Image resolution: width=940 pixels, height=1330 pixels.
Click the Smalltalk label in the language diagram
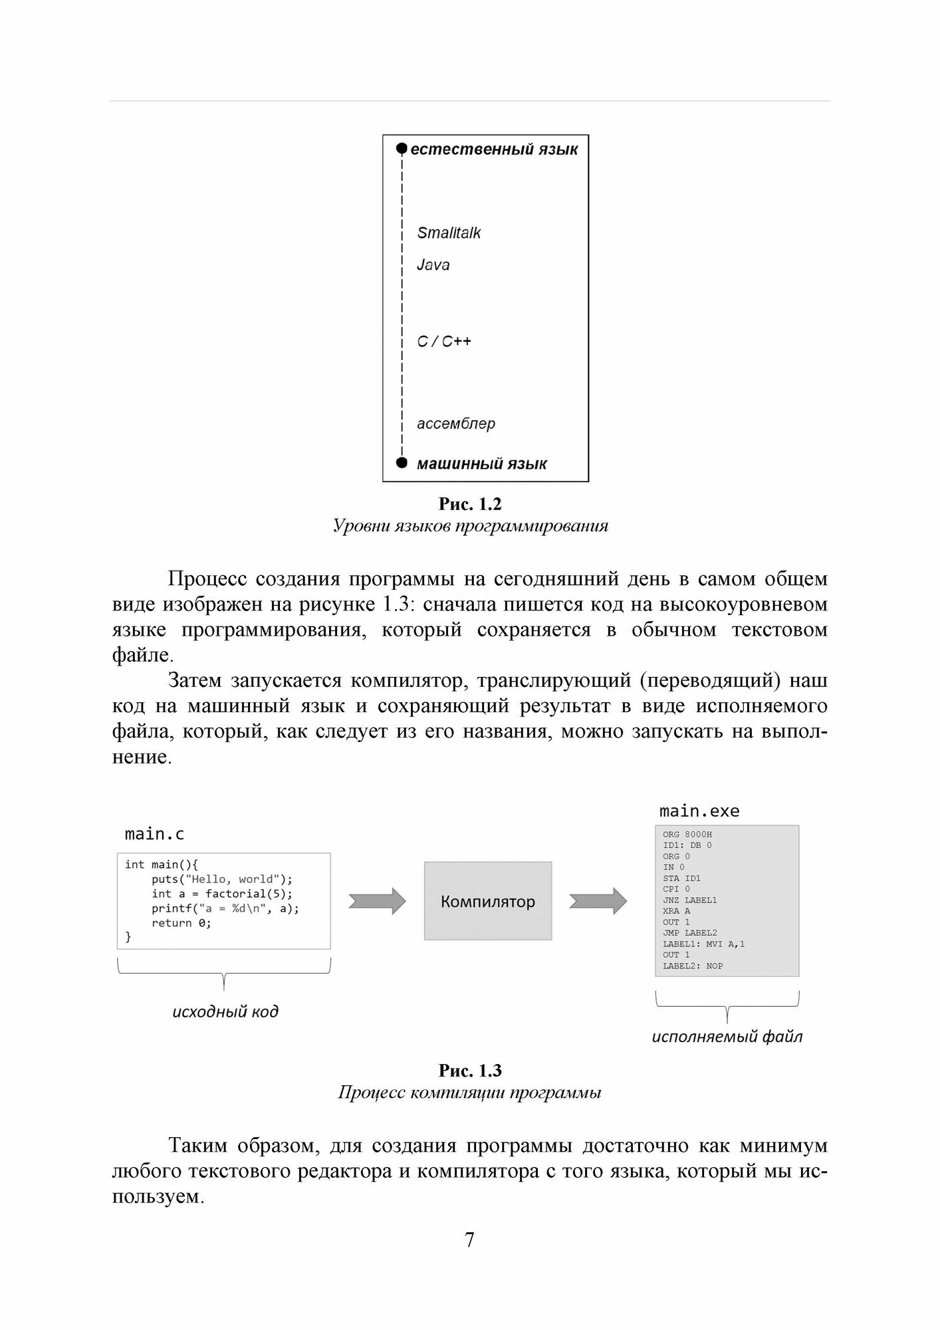449,233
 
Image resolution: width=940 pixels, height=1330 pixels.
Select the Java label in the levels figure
433,265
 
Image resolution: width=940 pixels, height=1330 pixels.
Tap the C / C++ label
444,341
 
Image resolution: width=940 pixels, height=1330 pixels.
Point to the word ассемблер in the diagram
456,424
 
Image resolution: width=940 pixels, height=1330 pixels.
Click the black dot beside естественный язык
401,148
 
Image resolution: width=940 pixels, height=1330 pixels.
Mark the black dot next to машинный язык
401,463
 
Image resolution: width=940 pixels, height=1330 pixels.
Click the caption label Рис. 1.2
470,504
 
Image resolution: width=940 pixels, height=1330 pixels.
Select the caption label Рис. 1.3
470,1071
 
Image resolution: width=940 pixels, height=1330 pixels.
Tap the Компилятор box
488,901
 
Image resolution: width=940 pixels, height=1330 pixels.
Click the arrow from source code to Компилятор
377,901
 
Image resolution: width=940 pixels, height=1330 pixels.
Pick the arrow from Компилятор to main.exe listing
598,901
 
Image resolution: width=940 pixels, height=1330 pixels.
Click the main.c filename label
154,834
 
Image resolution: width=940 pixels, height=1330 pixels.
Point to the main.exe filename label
699,811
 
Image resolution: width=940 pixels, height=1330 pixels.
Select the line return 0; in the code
181,923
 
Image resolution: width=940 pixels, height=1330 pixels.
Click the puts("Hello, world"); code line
222,879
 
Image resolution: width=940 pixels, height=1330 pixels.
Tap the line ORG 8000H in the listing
687,835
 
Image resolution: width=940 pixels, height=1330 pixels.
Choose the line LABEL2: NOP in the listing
693,966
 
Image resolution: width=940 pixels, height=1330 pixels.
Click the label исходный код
225,1011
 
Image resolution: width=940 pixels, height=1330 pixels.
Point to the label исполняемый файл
727,1036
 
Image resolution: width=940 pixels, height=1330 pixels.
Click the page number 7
470,1240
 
